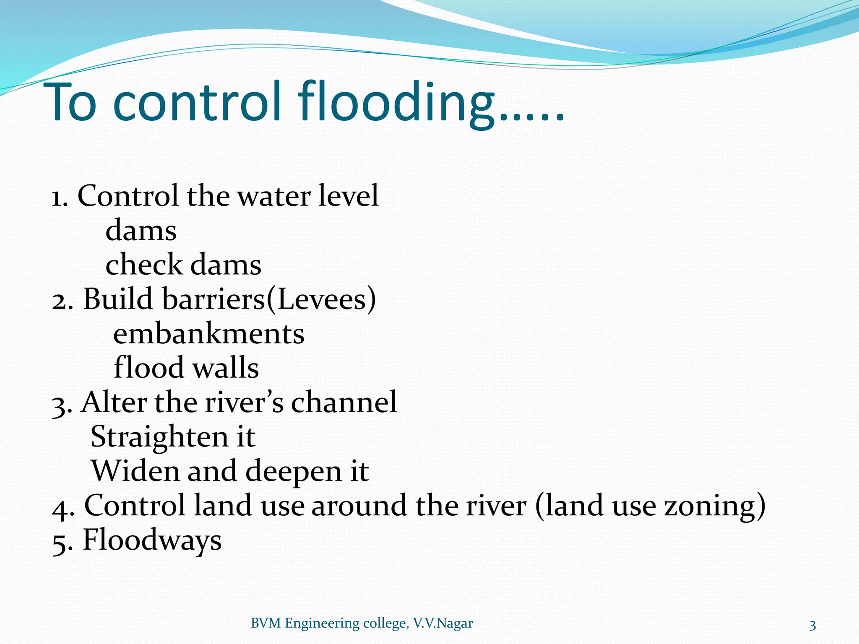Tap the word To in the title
pos(73,103)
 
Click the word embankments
pos(209,334)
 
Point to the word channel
pos(344,402)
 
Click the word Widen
pos(135,471)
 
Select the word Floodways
pos(152,540)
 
